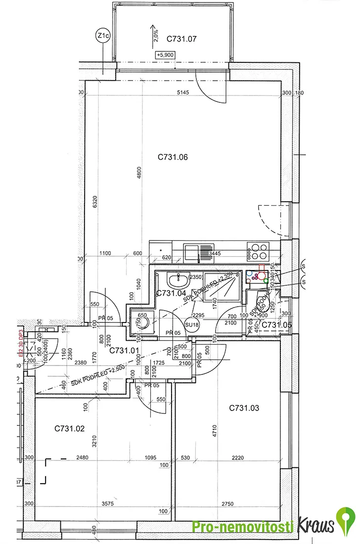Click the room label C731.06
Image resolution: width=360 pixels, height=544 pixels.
coord(173,157)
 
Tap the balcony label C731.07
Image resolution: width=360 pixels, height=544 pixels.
coord(181,38)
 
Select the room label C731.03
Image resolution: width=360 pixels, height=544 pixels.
coord(244,408)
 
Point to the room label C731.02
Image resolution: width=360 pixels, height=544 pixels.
coord(70,428)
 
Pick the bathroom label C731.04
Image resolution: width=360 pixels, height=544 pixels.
coord(171,293)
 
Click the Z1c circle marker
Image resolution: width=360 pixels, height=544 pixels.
coord(103,36)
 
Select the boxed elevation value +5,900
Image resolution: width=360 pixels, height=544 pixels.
coord(165,55)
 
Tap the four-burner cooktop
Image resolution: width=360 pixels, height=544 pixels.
coord(258,252)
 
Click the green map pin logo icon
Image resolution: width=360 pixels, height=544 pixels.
coord(345,522)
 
